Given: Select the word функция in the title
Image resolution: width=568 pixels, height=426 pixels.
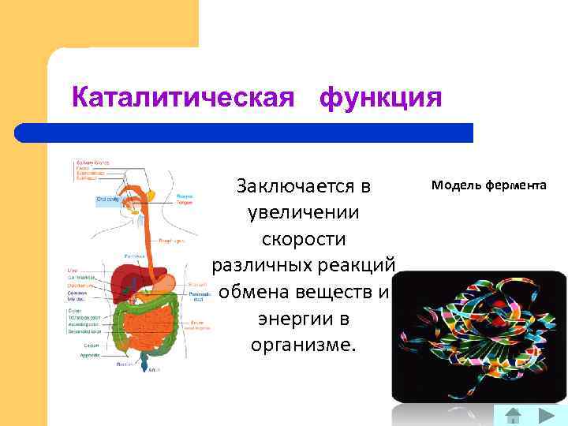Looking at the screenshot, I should click(x=380, y=98).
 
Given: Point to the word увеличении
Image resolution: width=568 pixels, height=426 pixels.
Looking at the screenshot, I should click(x=304, y=213).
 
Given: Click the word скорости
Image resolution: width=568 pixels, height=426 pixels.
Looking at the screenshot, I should click(x=304, y=239).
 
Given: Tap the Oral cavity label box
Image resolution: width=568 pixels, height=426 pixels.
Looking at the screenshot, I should click(x=108, y=200).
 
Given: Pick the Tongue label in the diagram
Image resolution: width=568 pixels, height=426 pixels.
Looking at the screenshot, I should click(x=184, y=201).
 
